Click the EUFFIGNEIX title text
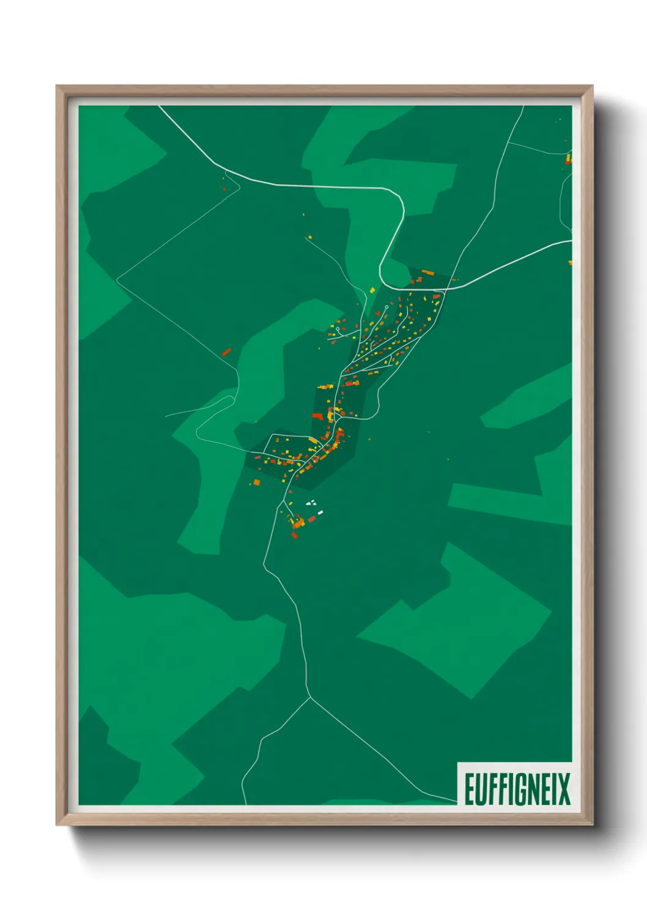click(517, 789)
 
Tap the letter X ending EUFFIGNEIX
click(563, 789)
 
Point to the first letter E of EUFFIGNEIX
click(470, 789)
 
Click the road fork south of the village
click(310, 696)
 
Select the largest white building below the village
click(319, 512)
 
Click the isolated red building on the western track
click(226, 352)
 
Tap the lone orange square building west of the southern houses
click(257, 482)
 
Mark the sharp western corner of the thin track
click(117, 278)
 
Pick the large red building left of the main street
click(317, 416)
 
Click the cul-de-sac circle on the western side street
click(338, 329)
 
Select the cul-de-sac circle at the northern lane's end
click(386, 308)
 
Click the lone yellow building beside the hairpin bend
click(372, 290)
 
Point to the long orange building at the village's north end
click(427, 271)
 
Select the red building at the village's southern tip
click(294, 536)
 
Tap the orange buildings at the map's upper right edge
click(568, 160)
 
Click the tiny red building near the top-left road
click(224, 188)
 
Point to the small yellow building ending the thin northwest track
click(309, 237)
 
